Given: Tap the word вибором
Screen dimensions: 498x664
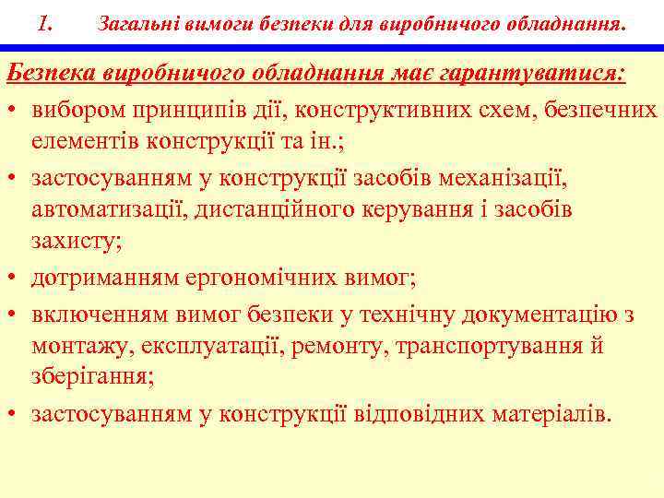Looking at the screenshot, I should pyautogui.click(x=77, y=109).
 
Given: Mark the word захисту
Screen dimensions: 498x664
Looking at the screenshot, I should pyautogui.click(x=76, y=242).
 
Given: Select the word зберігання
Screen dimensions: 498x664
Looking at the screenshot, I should pyautogui.click(x=91, y=379).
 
